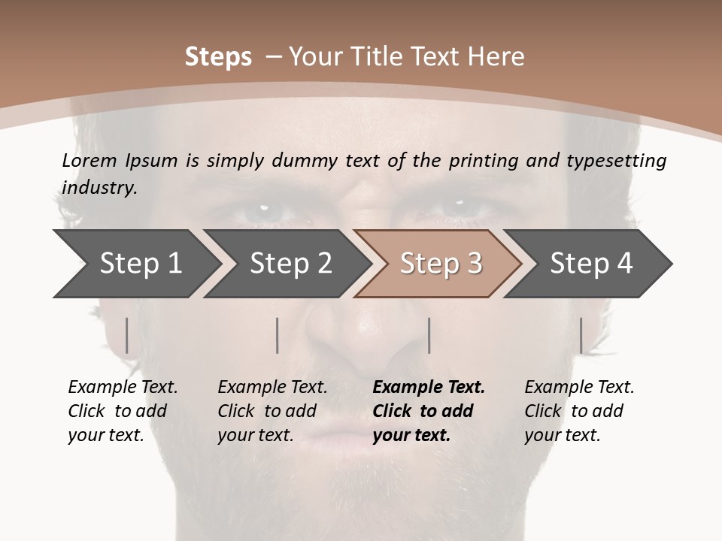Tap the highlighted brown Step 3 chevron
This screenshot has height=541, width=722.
pyautogui.click(x=441, y=264)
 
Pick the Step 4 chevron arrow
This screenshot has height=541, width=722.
pyautogui.click(x=591, y=264)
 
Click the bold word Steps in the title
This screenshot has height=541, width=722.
pyautogui.click(x=218, y=57)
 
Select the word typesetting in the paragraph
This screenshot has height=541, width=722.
pyautogui.click(x=623, y=160)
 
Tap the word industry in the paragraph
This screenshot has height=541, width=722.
pyautogui.click(x=99, y=187)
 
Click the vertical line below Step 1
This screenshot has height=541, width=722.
pyautogui.click(x=127, y=335)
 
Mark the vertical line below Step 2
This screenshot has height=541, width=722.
pyautogui.click(x=278, y=335)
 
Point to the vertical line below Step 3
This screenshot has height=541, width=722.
pyautogui.click(x=429, y=335)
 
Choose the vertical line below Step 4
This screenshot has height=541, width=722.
pyautogui.click(x=581, y=335)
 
